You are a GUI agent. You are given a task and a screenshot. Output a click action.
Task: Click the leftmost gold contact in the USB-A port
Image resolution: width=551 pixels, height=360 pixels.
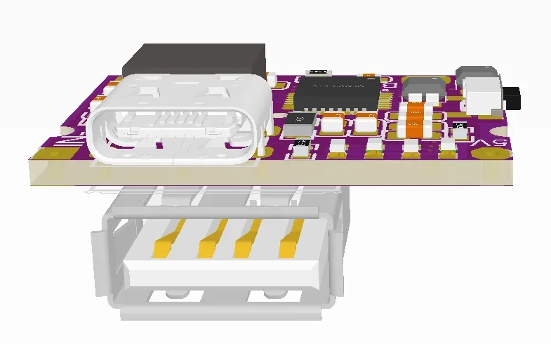(162, 239)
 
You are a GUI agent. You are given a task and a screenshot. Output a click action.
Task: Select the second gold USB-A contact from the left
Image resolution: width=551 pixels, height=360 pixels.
(208, 239)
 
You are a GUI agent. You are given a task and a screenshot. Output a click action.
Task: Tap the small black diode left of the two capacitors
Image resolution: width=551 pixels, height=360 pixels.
(300, 124)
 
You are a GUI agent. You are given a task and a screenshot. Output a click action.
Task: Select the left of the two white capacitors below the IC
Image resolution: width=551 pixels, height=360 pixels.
(333, 124)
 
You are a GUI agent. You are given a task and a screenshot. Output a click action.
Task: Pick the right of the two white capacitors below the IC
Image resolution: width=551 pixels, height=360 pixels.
(365, 124)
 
